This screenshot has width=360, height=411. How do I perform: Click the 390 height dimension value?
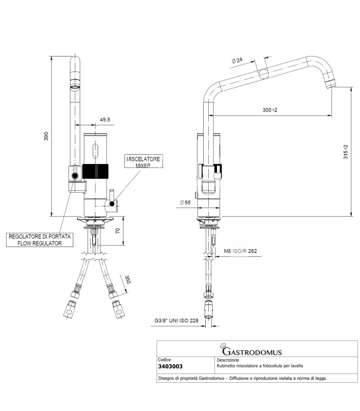coord(46,136)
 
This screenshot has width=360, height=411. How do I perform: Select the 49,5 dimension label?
coord(105,120)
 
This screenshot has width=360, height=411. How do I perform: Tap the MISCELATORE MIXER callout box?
coord(143,161)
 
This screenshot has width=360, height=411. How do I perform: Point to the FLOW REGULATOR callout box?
coord(40,240)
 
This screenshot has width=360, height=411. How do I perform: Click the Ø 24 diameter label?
coord(237,61)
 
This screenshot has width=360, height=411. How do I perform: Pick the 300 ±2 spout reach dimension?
coord(269,110)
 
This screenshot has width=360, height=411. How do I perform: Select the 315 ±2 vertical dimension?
coord(346,152)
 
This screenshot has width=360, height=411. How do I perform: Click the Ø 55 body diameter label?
coord(185,202)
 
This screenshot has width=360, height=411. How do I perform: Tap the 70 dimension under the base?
coord(118,231)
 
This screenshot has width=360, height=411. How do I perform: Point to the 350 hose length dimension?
coord(128,279)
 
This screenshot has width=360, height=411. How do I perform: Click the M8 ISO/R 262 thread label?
coord(240,251)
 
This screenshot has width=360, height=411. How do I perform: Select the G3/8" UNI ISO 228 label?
coord(176,320)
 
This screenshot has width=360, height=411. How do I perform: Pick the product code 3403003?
coord(170,366)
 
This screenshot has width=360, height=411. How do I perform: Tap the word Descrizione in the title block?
coord(228,360)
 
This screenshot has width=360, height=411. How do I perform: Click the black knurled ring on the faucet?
coord(95,172)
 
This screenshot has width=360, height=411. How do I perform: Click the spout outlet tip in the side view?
coord(330,84)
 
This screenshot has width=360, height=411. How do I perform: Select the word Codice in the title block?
coord(164,360)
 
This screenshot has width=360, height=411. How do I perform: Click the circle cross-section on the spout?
coord(264,74)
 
